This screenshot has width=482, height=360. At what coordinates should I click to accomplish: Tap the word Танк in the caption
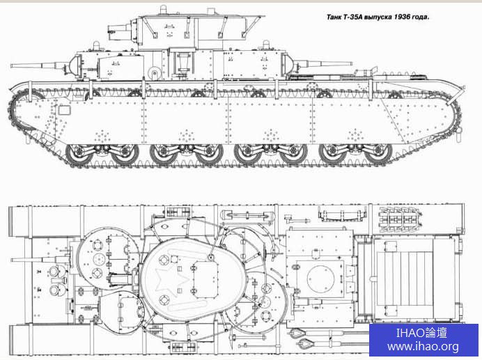[x=334, y=17]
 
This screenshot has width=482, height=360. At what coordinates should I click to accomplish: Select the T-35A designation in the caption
[x=353, y=17]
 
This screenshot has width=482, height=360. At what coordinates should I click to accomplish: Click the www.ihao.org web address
[x=423, y=347]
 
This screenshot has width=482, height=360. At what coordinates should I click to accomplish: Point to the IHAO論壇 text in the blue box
[x=421, y=333]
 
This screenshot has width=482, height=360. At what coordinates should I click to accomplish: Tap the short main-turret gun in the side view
[x=120, y=31]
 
